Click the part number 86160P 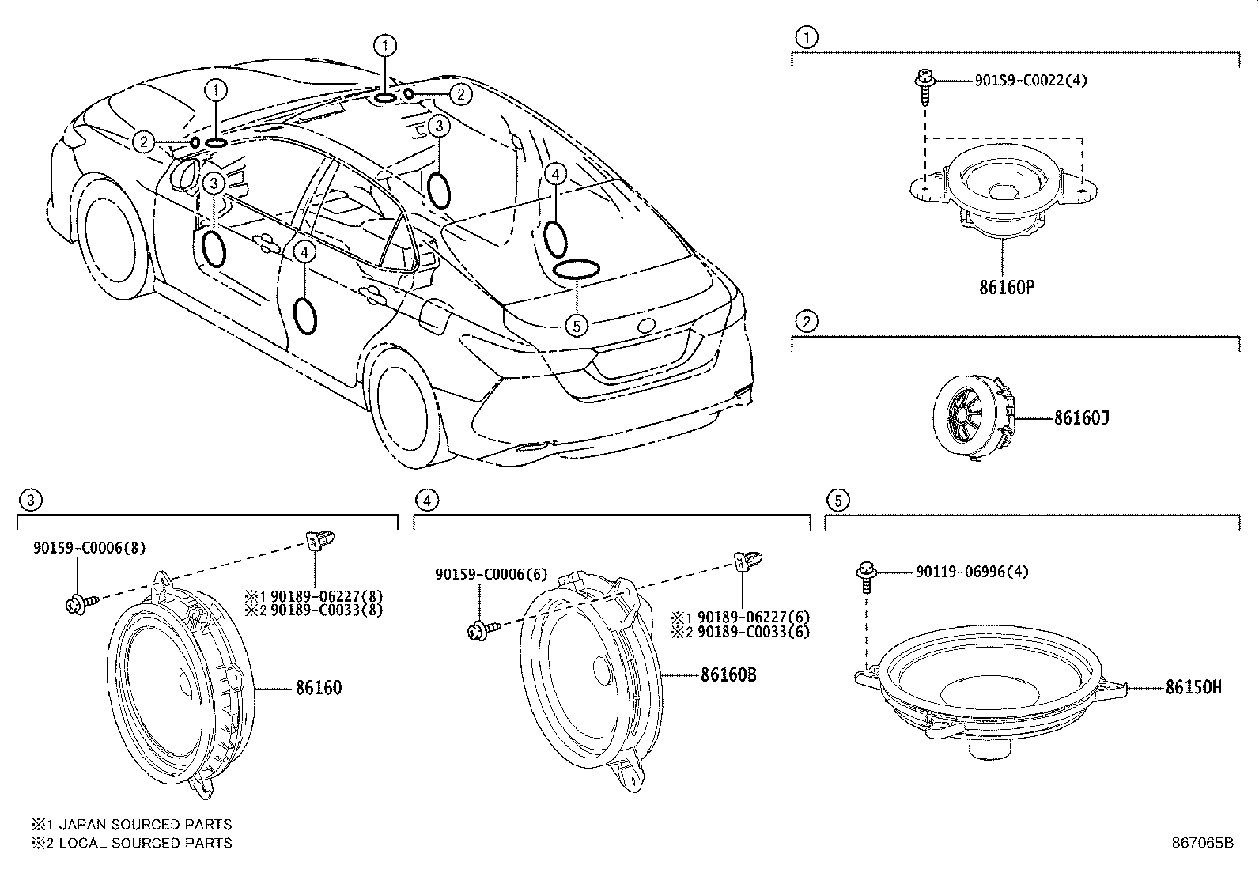[1007, 286]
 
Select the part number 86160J [1080, 418]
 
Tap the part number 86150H [1193, 688]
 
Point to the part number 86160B [728, 675]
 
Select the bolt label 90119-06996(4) [973, 571]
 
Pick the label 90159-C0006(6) [492, 575]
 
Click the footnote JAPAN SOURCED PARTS [131, 825]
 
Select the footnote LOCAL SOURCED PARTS [131, 843]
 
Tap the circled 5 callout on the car [577, 324]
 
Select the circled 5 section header [837, 500]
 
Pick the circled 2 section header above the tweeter [806, 322]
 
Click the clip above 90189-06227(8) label [318, 539]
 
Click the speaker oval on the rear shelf [575, 269]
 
